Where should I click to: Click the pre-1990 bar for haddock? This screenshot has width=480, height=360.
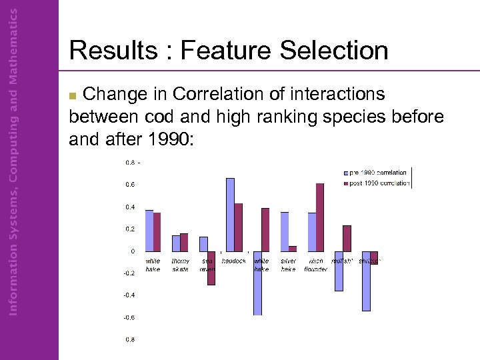click(230, 215)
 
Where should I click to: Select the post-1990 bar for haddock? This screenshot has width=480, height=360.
click(239, 227)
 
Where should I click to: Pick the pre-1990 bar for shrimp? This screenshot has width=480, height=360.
click(366, 281)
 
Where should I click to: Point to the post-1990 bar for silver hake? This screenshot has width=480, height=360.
click(293, 249)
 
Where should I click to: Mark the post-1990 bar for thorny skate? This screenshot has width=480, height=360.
click(184, 242)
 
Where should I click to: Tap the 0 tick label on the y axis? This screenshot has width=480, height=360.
click(132, 251)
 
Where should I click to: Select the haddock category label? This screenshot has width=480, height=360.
click(234, 261)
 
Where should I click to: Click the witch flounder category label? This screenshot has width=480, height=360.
click(315, 265)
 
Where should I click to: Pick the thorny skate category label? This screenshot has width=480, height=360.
click(180, 265)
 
